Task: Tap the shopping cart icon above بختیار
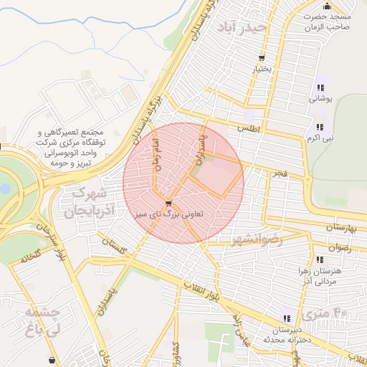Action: (262, 58)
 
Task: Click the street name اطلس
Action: (247, 129)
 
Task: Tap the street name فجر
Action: (279, 173)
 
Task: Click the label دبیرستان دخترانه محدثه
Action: (287, 334)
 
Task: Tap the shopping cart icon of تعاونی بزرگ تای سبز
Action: (168, 203)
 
